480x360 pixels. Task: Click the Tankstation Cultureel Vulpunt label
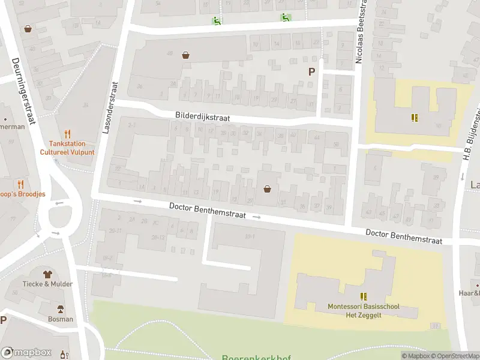67,148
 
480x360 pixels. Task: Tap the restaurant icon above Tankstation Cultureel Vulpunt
67,134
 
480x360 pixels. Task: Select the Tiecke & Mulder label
47,284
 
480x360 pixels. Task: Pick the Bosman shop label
61,319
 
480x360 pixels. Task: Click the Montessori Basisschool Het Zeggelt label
364,310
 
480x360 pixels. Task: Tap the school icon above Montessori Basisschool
363,296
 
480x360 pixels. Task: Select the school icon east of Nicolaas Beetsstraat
413,118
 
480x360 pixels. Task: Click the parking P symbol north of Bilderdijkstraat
311,71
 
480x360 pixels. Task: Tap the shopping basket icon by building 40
186,55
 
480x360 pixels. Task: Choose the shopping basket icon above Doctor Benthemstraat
267,189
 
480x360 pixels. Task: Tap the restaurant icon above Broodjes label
21,184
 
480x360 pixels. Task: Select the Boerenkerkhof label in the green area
256,358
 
